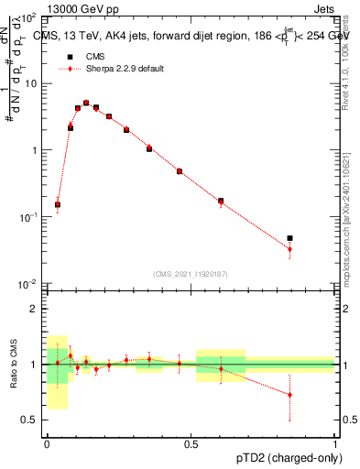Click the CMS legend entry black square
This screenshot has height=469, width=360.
point(63,56)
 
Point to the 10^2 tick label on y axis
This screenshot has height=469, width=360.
point(30,18)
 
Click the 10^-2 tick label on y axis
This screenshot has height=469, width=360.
point(30,284)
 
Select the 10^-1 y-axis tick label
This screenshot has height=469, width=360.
point(30,217)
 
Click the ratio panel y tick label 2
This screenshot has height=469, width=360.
point(34,309)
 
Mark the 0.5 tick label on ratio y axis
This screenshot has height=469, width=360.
point(30,420)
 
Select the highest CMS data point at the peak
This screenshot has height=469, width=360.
point(86,104)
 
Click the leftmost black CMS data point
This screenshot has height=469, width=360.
point(58,205)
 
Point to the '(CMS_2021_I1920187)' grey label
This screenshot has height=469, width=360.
point(191,273)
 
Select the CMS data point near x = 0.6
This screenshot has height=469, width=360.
point(221,201)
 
